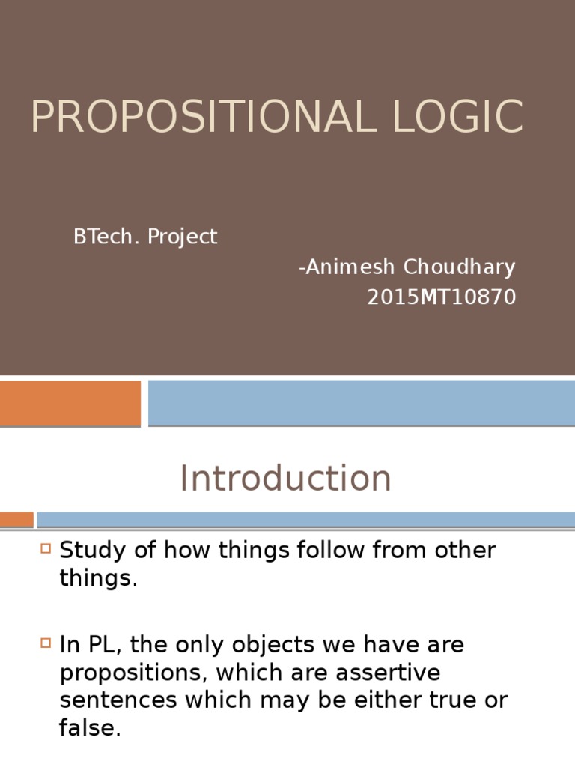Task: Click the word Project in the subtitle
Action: point(182,237)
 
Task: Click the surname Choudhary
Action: point(460,267)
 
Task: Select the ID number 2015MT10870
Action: point(441,297)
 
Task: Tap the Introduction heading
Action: point(285,479)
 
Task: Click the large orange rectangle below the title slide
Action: point(70,403)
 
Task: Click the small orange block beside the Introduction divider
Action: point(16,519)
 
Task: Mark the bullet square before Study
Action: point(46,548)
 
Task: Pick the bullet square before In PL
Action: point(46,642)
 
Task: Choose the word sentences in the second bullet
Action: point(119,700)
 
